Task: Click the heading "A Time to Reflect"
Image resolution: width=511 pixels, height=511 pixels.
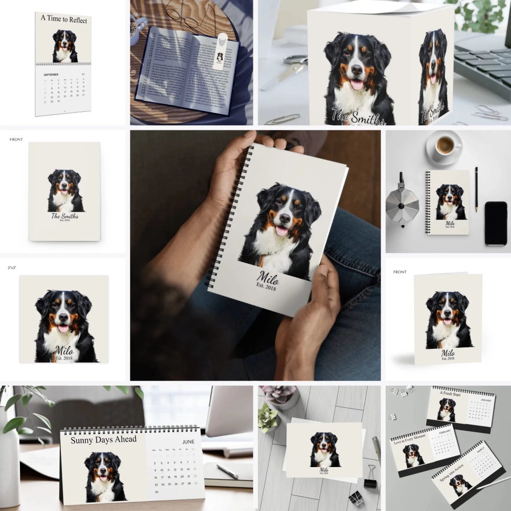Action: pyautogui.click(x=64, y=20)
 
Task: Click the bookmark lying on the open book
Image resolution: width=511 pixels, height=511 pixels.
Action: pyautogui.click(x=219, y=51)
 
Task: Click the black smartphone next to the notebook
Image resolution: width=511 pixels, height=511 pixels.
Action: pyautogui.click(x=495, y=223)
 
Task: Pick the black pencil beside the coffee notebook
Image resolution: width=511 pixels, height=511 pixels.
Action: pyautogui.click(x=476, y=189)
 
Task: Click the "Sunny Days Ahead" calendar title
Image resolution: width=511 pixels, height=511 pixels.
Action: pyautogui.click(x=103, y=440)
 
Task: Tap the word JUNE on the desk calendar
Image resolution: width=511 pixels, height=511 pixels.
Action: pyautogui.click(x=188, y=442)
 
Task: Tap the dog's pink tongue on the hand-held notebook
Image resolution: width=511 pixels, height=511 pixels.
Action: pyautogui.click(x=282, y=230)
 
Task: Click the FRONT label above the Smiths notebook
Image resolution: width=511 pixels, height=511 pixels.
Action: pyautogui.click(x=16, y=140)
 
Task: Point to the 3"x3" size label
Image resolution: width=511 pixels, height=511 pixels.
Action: pyautogui.click(x=12, y=267)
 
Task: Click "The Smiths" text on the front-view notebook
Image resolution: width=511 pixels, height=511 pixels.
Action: pyautogui.click(x=65, y=216)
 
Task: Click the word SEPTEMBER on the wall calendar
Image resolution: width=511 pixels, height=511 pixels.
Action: pyautogui.click(x=51, y=75)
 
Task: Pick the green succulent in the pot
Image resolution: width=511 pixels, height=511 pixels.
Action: pyautogui.click(x=268, y=416)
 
